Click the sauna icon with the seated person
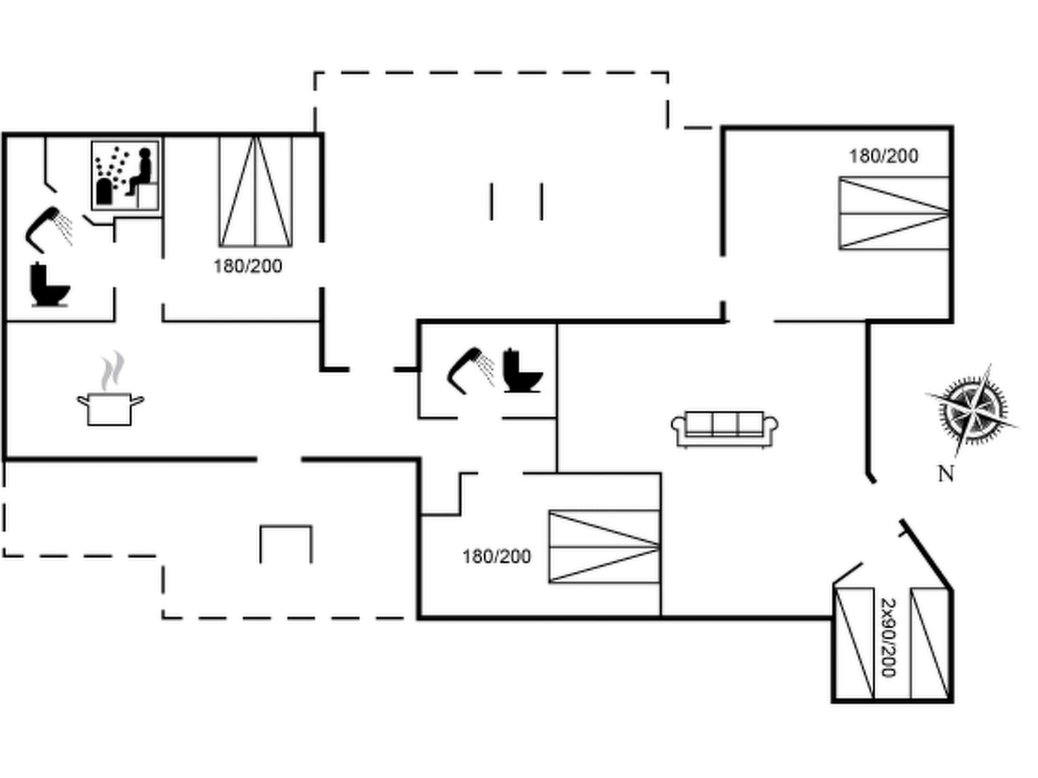[x=125, y=175]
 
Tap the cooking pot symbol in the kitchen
[x=110, y=408]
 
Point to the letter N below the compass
[x=946, y=474]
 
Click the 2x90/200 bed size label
[x=888, y=638]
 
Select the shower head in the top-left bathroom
[x=48, y=229]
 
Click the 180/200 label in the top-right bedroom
[x=883, y=156]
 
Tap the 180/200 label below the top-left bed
[x=247, y=266]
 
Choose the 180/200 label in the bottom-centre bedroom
[x=496, y=557]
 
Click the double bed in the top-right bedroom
[x=894, y=213]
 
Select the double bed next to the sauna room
[x=255, y=192]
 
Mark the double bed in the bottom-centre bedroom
[x=604, y=547]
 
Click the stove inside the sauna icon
[x=104, y=191]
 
